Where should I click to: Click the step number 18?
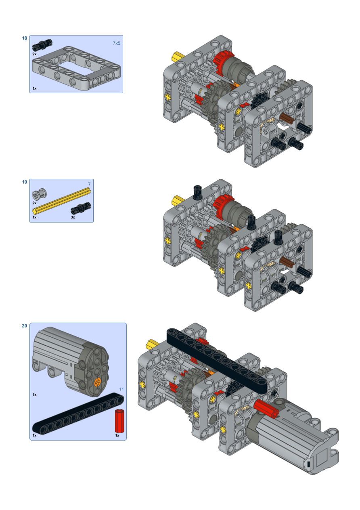24,38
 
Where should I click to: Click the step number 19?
24,182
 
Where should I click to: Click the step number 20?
24,326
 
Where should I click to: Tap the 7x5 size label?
117,43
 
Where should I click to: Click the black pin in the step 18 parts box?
42,45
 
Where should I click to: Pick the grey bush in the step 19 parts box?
39,194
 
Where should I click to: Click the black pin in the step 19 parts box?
81,208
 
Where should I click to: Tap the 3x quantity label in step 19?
73,217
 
